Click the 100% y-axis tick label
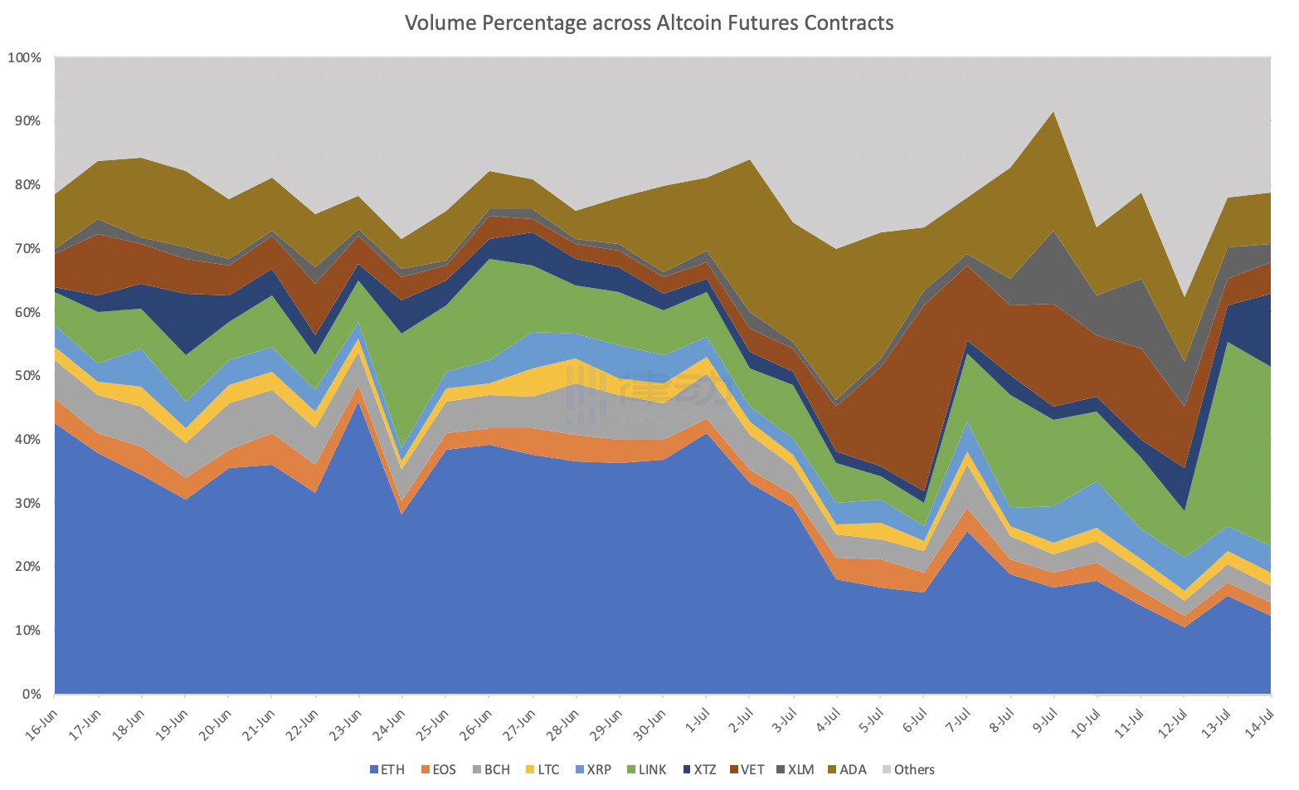pos(24,57)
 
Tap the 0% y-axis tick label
pos(31,695)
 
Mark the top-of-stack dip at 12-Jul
pos(1184,298)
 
